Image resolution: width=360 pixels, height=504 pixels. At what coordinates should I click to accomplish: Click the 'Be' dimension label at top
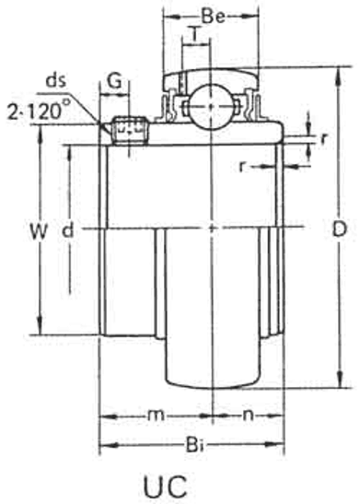click(213, 16)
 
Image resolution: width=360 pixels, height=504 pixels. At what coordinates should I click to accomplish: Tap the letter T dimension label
click(195, 34)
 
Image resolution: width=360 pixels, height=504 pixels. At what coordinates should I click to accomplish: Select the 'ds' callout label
click(56, 80)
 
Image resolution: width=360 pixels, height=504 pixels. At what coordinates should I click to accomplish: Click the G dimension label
click(114, 80)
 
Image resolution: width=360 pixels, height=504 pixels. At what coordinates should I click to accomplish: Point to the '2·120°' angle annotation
click(39, 110)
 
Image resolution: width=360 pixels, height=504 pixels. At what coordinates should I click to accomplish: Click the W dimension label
click(39, 231)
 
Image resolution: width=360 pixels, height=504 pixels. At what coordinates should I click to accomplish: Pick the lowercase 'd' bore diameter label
click(67, 230)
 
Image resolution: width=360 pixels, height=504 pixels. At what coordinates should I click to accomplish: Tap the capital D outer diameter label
click(340, 229)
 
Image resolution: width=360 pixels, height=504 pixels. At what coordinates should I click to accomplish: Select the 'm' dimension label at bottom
click(157, 416)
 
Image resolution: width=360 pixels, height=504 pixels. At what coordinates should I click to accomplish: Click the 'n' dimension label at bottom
click(248, 416)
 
